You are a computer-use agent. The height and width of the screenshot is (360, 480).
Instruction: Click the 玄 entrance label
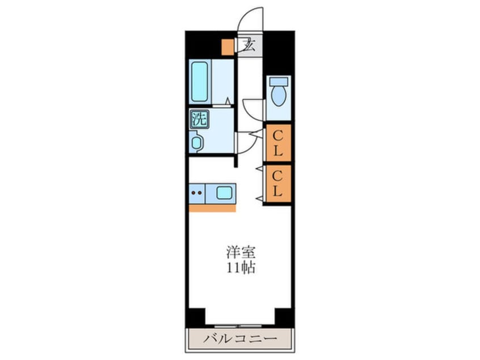pyautogui.click(x=249, y=45)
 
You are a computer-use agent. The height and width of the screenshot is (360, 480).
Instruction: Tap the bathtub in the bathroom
pyautogui.click(x=199, y=82)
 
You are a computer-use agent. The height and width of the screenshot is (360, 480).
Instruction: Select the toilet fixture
pyautogui.click(x=278, y=95)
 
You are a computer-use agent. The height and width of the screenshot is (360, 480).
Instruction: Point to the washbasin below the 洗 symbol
pyautogui.click(x=197, y=142)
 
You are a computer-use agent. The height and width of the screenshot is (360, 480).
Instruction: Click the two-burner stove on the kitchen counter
pyautogui.click(x=197, y=193)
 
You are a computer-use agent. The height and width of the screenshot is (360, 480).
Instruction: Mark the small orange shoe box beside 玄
pyautogui.click(x=228, y=47)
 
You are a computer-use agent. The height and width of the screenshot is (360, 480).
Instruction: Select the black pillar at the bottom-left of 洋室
pyautogui.click(x=195, y=316)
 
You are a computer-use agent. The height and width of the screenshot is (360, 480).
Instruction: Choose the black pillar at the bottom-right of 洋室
pyautogui.click(x=283, y=316)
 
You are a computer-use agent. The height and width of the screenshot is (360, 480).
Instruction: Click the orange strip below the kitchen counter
pyautogui.click(x=212, y=208)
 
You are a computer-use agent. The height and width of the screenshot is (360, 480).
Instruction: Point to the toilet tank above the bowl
pyautogui.click(x=278, y=81)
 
